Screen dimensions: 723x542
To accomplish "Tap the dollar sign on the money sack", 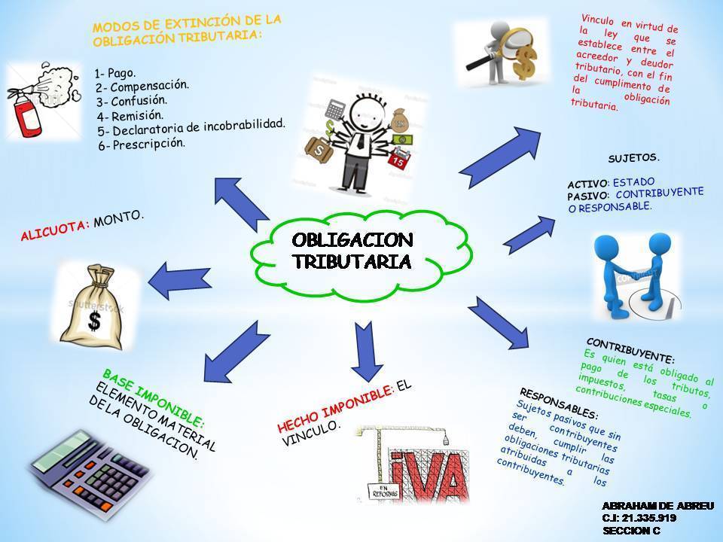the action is pos(94,321).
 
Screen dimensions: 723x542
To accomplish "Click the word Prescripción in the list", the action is pos(148,144).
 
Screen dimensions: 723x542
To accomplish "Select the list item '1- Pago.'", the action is pos(115,73).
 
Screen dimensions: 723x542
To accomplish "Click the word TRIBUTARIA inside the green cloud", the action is pos(352,261).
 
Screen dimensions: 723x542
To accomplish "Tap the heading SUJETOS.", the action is pos(634,158).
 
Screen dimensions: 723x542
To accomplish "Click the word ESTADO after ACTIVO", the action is pos(633,182).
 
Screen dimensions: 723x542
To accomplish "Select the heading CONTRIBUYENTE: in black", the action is pos(630,350).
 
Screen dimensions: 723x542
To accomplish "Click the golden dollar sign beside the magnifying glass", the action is pos(526,62).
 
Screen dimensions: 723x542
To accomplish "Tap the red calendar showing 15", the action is pos(397,159).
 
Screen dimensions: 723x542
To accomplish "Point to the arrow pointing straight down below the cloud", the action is pos(367,352).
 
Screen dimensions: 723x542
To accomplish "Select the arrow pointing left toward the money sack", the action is pos(180,281).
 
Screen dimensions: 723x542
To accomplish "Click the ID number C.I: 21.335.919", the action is pos(639,518).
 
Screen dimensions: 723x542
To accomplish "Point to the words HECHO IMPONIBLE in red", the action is pos(334,408).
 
